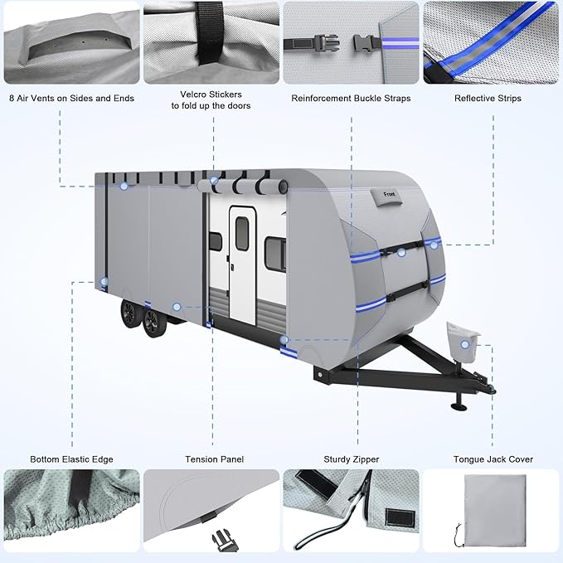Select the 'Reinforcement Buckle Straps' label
351,99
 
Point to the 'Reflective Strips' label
492,99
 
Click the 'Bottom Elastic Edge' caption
71,459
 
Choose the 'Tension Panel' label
214,459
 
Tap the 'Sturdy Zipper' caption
352,459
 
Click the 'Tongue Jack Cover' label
493,459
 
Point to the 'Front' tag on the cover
388,195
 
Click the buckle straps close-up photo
352,42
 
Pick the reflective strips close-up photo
493,42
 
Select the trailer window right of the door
275,253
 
